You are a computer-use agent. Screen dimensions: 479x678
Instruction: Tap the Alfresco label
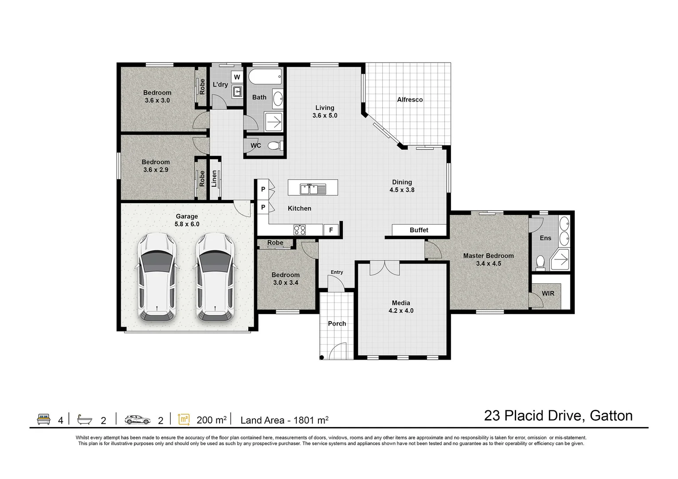point(409,100)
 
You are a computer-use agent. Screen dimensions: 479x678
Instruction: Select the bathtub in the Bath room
point(265,79)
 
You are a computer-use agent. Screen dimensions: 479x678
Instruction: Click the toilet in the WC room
point(276,145)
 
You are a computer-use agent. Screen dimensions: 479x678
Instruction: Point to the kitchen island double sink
point(313,189)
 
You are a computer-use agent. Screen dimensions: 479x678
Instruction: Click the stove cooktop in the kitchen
point(299,230)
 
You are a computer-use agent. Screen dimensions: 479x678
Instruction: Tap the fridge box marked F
point(330,230)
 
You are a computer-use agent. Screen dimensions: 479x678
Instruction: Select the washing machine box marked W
point(237,77)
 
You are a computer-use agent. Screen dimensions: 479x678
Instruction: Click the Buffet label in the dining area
point(419,230)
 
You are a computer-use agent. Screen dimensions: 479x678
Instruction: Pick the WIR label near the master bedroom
point(548,293)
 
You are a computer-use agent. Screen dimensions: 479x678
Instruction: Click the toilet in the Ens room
point(541,263)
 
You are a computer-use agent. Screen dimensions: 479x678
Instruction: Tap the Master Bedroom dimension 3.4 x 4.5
point(488,263)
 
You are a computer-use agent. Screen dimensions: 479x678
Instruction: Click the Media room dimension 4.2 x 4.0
point(401,310)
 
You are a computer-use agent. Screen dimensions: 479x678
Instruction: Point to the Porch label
point(337,323)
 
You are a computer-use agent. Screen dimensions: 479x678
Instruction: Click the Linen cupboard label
point(214,179)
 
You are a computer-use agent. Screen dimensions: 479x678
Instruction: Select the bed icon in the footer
point(43,420)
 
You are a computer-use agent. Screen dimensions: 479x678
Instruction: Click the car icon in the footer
point(137,420)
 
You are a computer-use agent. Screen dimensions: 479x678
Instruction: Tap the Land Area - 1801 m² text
point(284,420)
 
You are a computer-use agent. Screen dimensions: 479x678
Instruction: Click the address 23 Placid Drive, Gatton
point(558,416)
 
